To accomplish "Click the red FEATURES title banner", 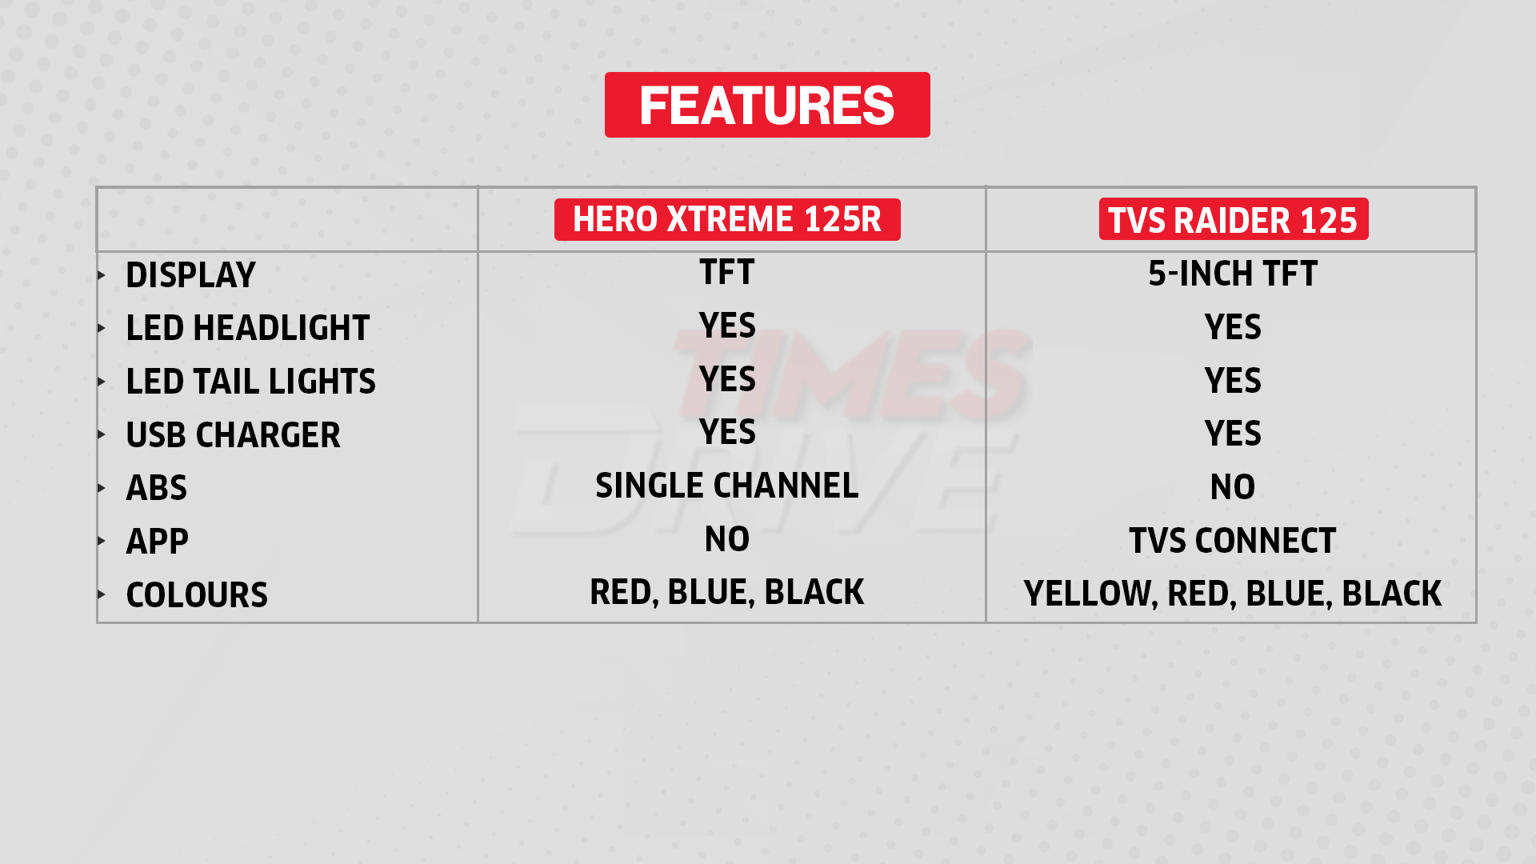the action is pos(767,105).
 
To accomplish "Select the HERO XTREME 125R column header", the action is pos(727,219).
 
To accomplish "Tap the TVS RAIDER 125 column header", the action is pos(1233,219).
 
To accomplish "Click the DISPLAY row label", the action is pos(190,275).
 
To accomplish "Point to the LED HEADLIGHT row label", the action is pos(248,328).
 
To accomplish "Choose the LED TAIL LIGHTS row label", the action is pos(251,382).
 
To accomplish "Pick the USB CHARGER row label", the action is pos(234,435).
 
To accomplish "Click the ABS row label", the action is pos(157,488).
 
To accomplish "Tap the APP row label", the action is pos(158,542).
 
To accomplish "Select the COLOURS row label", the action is pos(197,595).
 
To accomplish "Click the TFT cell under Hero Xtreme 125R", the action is pos(727,272).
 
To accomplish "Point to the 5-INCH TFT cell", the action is pos(1233,274).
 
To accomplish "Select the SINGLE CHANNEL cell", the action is pos(727,486).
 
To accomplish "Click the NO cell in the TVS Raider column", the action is pos(1233,487).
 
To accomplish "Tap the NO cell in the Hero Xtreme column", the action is pos(727,539).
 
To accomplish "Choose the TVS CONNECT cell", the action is pos(1233,541).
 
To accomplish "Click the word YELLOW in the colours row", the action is pos(1090,594).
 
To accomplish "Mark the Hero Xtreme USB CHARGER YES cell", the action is pos(727,432).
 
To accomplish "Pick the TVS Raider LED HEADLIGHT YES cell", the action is pos(1233,327).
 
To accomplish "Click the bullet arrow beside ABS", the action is pos(102,488).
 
